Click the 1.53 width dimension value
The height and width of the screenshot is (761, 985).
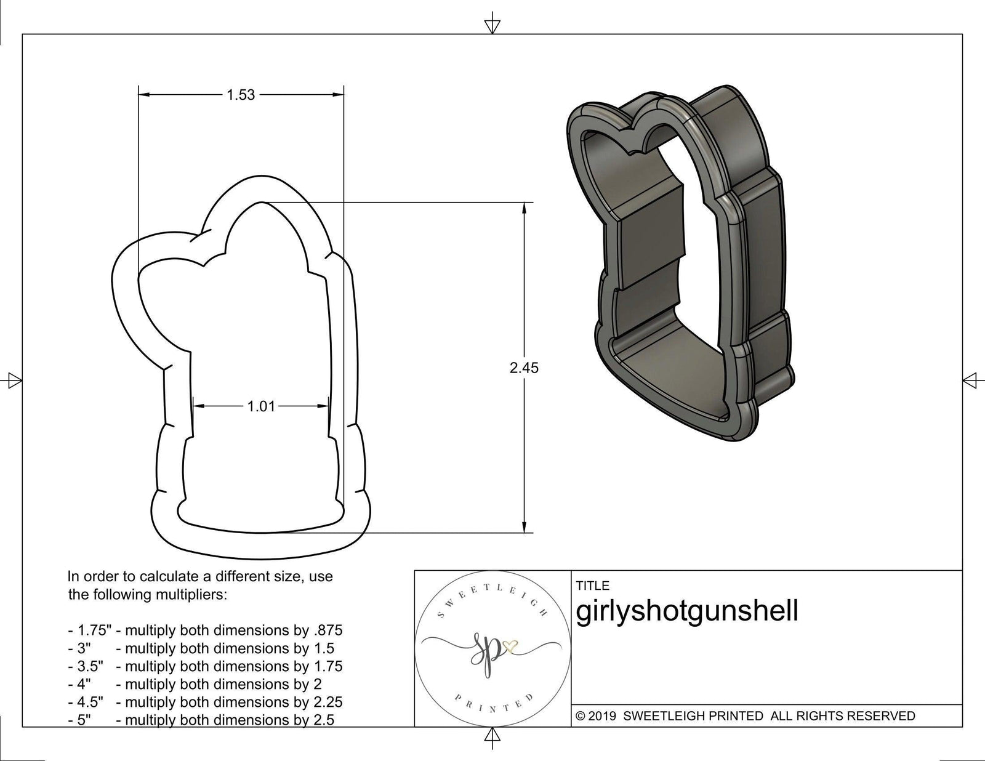click(240, 95)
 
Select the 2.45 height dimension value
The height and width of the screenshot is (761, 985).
click(524, 368)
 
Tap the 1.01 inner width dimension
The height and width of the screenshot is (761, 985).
click(261, 406)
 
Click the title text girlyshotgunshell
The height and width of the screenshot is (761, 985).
click(687, 611)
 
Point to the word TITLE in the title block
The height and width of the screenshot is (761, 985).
click(593, 586)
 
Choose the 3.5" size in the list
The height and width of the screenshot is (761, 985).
click(90, 666)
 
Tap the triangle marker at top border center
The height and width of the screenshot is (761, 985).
click(492, 25)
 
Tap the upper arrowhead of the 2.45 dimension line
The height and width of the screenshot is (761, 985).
click(524, 208)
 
